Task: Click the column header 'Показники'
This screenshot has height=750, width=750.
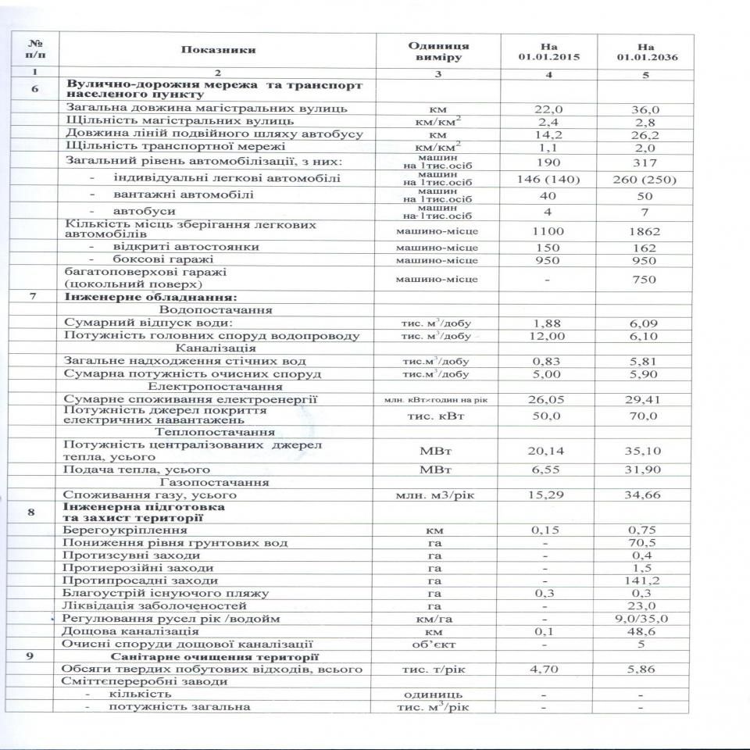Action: [218, 50]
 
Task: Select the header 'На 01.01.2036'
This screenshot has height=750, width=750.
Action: [645, 51]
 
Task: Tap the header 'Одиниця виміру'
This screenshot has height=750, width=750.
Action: [438, 51]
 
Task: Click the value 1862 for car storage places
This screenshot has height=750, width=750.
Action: [644, 231]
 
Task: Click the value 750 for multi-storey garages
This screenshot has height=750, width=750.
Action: [644, 280]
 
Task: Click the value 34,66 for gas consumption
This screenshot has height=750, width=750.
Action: [644, 495]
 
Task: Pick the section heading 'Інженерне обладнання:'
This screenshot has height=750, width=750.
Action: [148, 297]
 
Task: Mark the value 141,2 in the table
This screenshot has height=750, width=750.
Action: [644, 580]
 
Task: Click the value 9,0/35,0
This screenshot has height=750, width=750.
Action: [644, 618]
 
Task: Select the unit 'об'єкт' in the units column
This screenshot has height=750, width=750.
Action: [438, 645]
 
